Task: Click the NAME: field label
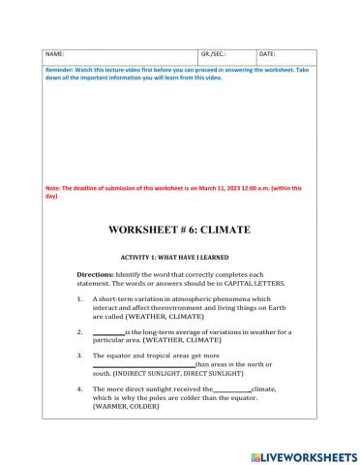point(55,53)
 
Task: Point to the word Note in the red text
point(53,188)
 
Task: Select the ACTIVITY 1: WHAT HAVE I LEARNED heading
point(179,257)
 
